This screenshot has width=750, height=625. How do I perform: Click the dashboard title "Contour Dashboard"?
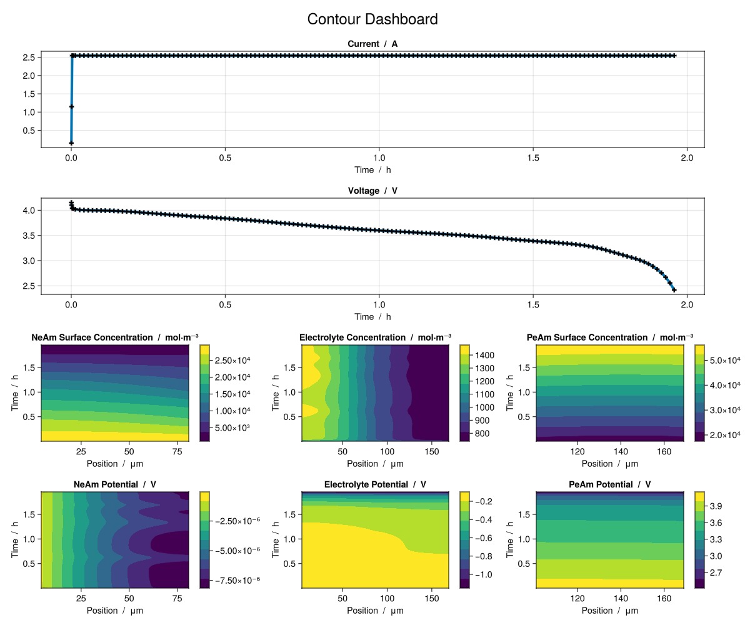[372, 19]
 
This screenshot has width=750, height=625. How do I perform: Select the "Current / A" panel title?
[372, 44]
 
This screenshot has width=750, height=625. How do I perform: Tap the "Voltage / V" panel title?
[372, 191]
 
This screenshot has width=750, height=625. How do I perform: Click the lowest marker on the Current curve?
[71, 142]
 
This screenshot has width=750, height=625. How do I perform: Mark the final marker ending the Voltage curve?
[674, 290]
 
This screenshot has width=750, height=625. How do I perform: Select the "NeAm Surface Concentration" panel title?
[115, 337]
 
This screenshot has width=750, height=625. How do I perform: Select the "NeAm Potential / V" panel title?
[115, 484]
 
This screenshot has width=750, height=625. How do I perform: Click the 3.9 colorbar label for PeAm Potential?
[716, 506]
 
